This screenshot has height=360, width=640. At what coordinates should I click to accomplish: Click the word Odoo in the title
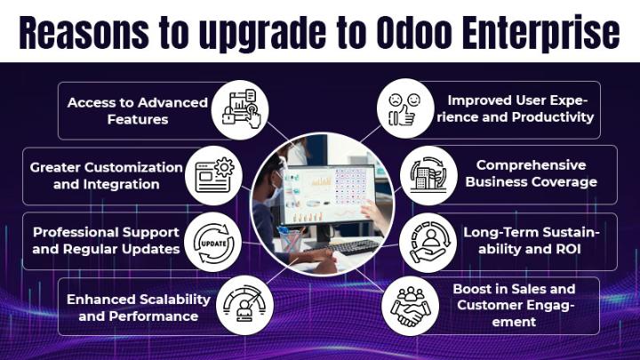(x=416, y=32)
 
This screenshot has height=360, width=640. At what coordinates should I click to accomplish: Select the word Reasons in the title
(x=84, y=33)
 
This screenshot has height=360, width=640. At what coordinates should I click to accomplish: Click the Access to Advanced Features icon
(x=240, y=109)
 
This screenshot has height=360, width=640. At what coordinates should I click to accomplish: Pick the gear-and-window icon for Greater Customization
(x=214, y=175)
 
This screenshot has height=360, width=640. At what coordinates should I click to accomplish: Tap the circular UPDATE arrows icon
(x=213, y=243)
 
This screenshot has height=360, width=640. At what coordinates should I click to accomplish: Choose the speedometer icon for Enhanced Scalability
(x=244, y=306)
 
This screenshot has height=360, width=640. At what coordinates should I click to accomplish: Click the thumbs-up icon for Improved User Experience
(x=405, y=109)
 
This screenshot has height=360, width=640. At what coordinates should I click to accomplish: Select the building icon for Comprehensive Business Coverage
(x=428, y=175)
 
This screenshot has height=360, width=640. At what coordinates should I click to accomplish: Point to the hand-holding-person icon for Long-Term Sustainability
(x=428, y=243)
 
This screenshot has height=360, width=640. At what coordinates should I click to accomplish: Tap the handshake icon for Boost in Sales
(x=411, y=306)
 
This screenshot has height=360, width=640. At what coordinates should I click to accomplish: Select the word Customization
(x=135, y=167)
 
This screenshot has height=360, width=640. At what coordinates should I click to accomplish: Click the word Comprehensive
(x=531, y=165)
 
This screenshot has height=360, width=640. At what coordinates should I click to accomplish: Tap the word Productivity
(x=553, y=117)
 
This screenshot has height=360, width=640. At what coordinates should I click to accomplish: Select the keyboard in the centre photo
(x=345, y=246)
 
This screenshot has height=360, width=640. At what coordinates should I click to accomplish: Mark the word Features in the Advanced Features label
(x=138, y=120)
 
